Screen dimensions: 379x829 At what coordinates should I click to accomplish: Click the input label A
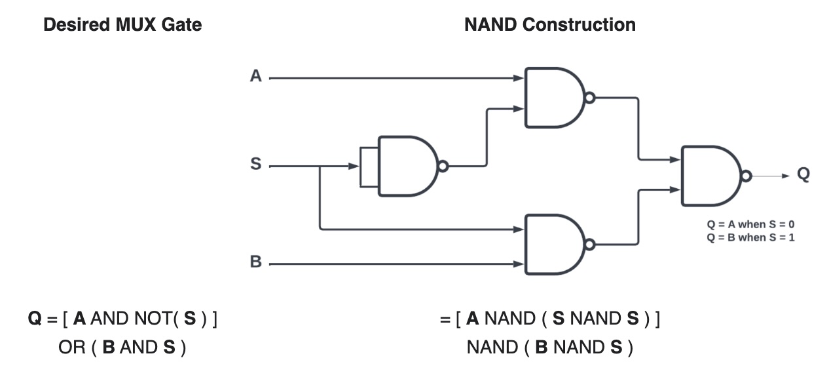(256, 77)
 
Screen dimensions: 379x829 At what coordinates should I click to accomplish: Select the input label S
(256, 165)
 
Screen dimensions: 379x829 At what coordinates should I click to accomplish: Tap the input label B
(256, 263)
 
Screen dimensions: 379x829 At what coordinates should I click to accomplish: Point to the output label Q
(803, 174)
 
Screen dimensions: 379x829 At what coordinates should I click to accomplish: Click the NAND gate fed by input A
(553, 97)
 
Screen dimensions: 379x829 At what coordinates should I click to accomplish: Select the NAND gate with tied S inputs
(406, 166)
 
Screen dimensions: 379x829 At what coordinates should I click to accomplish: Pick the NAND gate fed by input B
(553, 244)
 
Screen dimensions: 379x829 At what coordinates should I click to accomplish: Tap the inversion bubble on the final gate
(746, 176)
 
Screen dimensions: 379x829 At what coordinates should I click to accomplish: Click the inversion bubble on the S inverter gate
(443, 167)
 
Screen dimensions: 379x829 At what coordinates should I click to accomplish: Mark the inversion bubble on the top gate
(590, 98)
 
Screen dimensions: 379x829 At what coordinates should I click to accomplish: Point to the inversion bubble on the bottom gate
(590, 245)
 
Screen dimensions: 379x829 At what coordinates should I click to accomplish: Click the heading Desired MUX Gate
(122, 26)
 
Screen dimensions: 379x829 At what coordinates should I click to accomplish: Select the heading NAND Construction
(549, 26)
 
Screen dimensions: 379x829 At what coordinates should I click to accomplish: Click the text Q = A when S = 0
(750, 224)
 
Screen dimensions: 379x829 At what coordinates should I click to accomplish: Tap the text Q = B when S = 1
(750, 237)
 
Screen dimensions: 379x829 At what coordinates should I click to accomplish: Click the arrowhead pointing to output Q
(786, 176)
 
